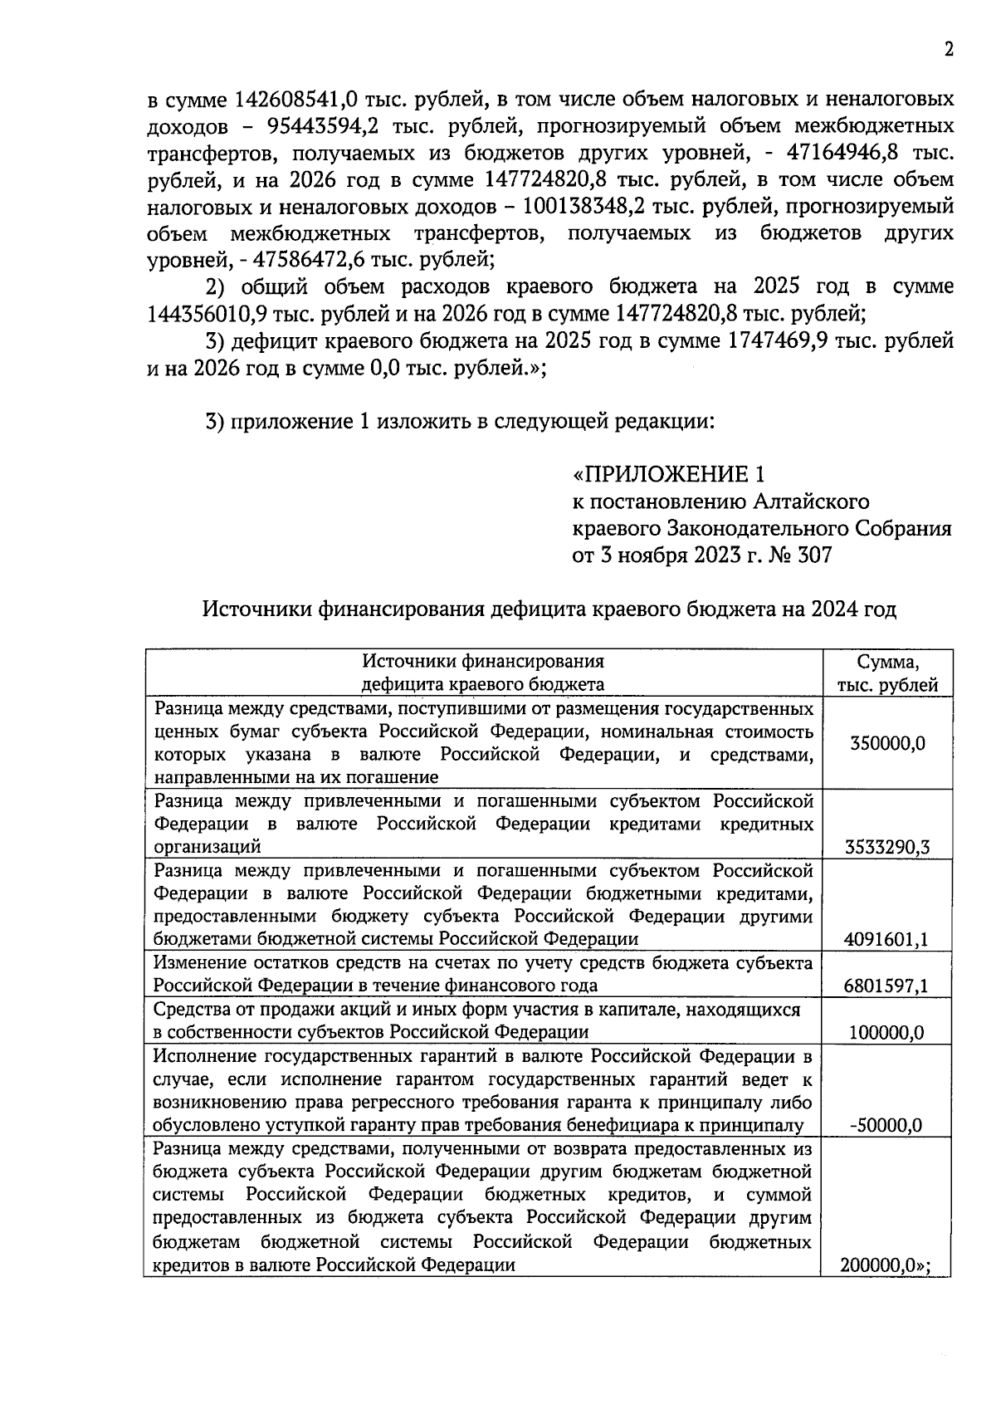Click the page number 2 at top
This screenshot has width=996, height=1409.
pyautogui.click(x=948, y=49)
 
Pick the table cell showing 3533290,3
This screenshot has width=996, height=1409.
pyautogui.click(x=886, y=847)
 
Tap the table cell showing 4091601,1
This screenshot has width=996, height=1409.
pyautogui.click(x=886, y=939)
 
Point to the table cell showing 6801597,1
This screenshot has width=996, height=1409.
pyautogui.click(x=886, y=986)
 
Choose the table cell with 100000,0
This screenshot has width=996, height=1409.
pyautogui.click(x=886, y=1032)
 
